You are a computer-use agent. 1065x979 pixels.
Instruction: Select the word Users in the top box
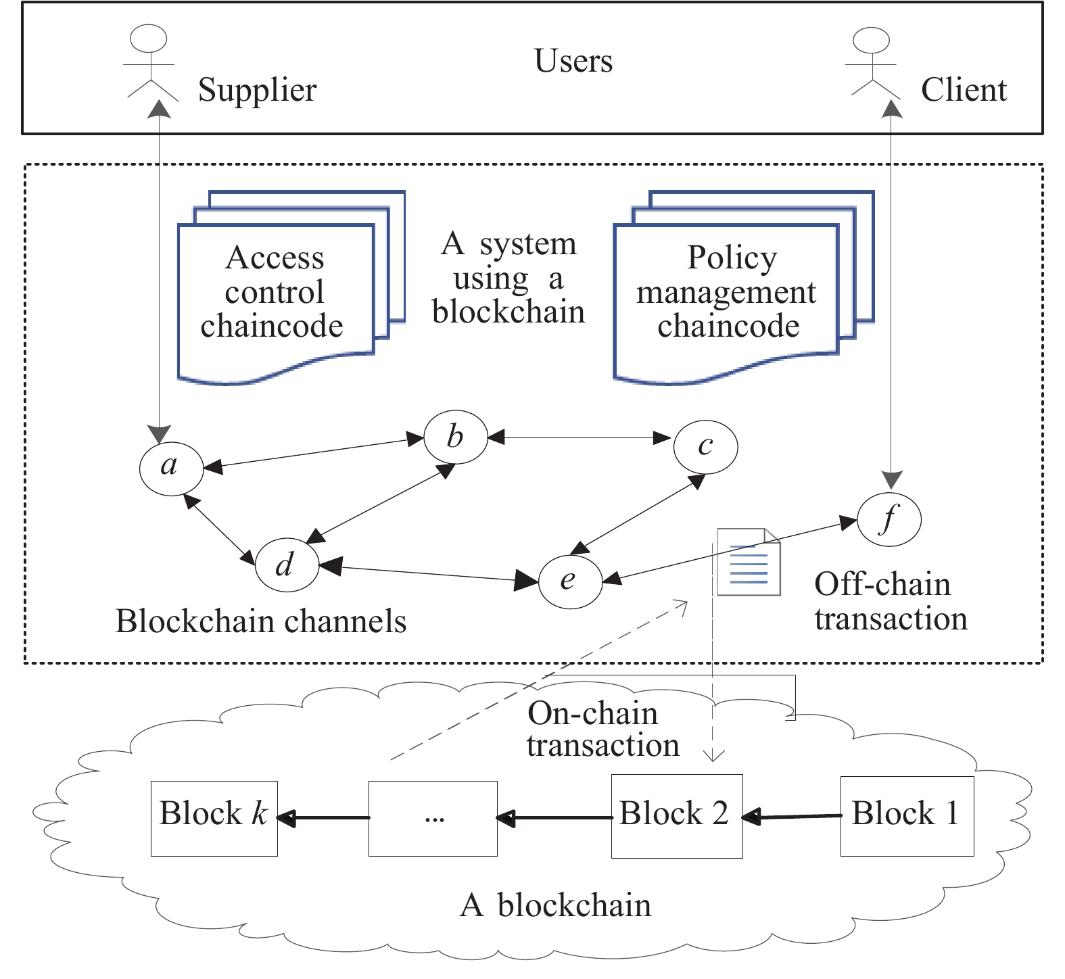[x=573, y=61]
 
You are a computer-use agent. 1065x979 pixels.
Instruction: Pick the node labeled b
[x=455, y=437]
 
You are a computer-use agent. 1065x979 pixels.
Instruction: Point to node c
[x=705, y=446]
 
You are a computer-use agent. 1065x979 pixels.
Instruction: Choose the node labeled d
[x=287, y=564]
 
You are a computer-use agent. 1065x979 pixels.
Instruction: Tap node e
[x=569, y=580]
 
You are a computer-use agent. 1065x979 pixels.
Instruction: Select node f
[x=889, y=519]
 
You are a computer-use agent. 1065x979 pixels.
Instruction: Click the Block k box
[x=214, y=818]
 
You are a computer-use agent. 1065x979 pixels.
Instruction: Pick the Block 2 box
[x=676, y=816]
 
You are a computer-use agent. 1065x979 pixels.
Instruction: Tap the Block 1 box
[x=906, y=816]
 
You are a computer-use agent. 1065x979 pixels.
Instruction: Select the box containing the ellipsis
[x=433, y=818]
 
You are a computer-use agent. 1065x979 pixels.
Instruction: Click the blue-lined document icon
[x=749, y=563]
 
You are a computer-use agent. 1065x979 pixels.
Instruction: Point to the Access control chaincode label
[x=274, y=292]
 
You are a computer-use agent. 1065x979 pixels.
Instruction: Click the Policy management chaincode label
[x=728, y=292]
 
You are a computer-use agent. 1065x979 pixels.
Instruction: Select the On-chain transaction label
[x=602, y=729]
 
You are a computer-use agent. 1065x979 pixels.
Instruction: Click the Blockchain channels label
[x=261, y=621]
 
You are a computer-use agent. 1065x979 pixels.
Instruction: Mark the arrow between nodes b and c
[x=579, y=438]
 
